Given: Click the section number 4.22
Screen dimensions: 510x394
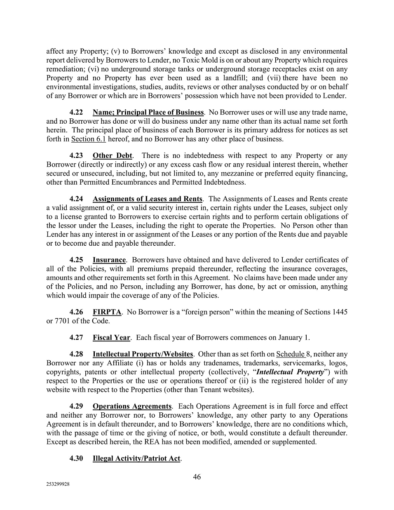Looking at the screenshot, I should click(x=76, y=112).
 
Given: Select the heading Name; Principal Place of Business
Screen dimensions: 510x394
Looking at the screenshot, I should click(x=148, y=112).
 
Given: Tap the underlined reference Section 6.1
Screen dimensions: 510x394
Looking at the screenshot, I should click(x=88, y=139).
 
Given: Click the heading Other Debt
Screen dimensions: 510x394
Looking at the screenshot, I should click(x=112, y=155).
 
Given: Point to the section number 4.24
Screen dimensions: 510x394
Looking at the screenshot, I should click(x=76, y=199).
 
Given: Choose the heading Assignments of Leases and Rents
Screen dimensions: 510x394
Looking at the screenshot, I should click(x=147, y=199).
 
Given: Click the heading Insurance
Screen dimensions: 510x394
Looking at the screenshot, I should click(x=109, y=260).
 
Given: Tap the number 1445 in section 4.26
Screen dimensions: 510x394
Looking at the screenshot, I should click(x=340, y=312).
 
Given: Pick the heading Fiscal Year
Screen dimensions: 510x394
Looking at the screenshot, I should click(x=111, y=337).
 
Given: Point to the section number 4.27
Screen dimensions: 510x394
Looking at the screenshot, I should click(x=76, y=337).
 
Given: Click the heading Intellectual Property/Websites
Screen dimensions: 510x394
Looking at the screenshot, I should click(x=143, y=354).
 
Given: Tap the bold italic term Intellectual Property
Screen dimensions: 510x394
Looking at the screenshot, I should click(x=290, y=372).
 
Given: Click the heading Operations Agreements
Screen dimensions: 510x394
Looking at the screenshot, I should click(x=132, y=406).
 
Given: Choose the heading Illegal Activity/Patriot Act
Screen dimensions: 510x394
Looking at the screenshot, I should click(x=136, y=458).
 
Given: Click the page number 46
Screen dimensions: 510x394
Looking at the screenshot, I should click(x=197, y=477).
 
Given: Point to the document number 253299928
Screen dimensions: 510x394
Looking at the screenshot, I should click(x=58, y=485).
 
